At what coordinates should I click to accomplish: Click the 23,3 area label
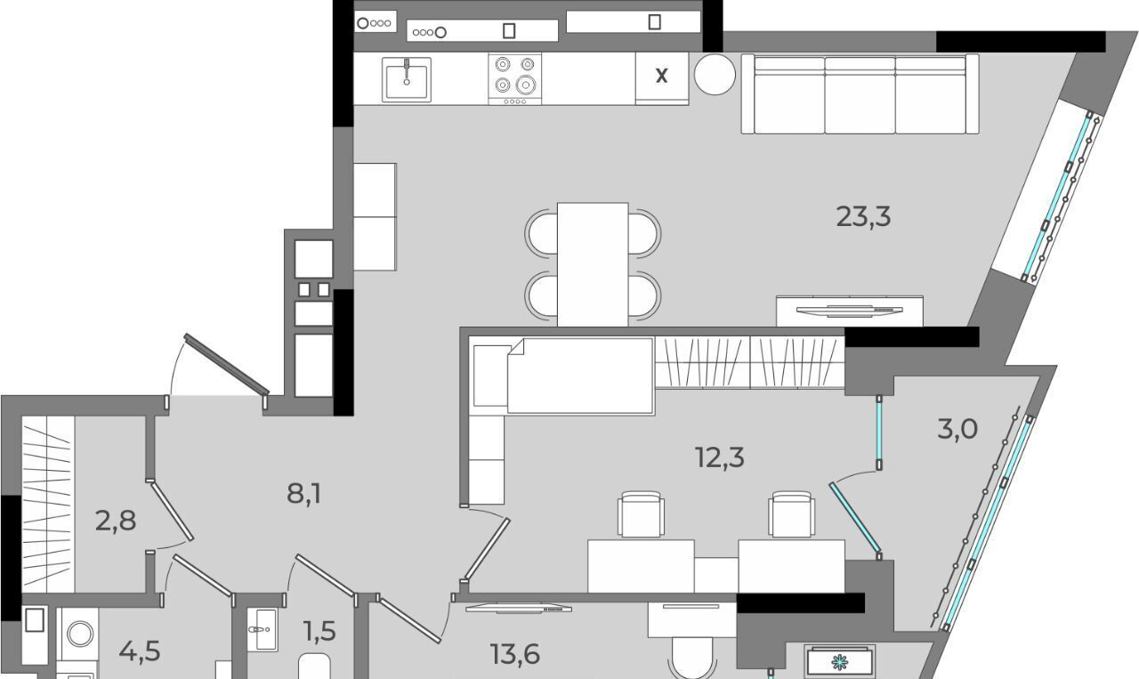click(x=863, y=217)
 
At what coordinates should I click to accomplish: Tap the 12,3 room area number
click(x=720, y=457)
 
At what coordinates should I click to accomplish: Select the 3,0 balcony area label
click(x=957, y=429)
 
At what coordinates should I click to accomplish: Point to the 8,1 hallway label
click(x=304, y=493)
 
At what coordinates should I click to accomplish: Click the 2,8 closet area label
click(x=116, y=521)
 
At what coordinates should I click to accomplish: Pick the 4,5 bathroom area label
click(x=140, y=651)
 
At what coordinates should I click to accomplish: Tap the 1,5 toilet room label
click(x=319, y=631)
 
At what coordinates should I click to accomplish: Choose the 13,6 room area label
click(x=514, y=654)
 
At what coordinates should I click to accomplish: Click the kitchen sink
click(x=407, y=79)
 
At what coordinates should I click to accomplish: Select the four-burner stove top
click(x=514, y=79)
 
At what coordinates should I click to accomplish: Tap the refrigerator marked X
click(x=661, y=78)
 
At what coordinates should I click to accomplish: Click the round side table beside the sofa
click(x=715, y=74)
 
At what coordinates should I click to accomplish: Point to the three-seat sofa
click(x=860, y=94)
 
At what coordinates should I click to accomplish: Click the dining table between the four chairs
click(x=593, y=264)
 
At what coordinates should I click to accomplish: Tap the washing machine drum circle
click(x=80, y=635)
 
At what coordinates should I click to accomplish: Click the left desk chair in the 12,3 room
click(x=641, y=514)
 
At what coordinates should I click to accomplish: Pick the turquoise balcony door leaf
click(x=855, y=518)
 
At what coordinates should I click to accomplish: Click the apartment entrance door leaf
click(x=226, y=364)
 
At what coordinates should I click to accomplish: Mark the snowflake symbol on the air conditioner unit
click(x=838, y=662)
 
